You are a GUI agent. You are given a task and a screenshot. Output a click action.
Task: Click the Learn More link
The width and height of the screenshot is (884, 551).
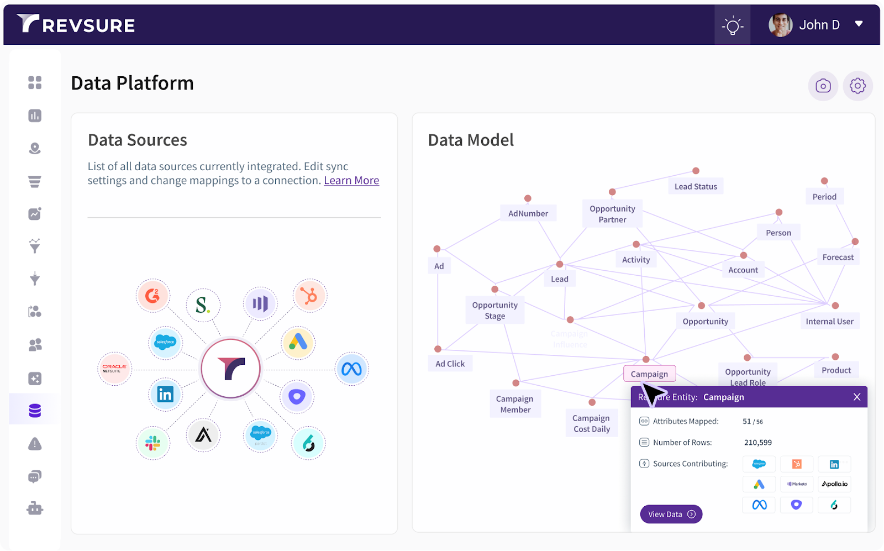pyautogui.click(x=351, y=181)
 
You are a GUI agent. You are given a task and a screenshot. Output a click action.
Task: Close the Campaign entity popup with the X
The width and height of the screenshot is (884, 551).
pyautogui.click(x=857, y=397)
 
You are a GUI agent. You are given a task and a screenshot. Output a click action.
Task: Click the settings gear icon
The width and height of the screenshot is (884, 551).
pyautogui.click(x=857, y=86)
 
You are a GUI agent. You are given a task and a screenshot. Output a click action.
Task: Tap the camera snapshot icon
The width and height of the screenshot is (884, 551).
pyautogui.click(x=823, y=86)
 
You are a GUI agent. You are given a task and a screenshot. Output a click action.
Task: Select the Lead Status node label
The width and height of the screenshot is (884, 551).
pyautogui.click(x=696, y=187)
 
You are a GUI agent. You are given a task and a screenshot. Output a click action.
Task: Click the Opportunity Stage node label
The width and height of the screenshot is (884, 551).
pyautogui.click(x=494, y=311)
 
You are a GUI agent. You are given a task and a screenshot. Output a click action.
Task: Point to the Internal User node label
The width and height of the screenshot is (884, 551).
pyautogui.click(x=829, y=322)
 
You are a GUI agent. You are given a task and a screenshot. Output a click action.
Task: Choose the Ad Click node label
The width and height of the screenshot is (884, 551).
pyautogui.click(x=450, y=364)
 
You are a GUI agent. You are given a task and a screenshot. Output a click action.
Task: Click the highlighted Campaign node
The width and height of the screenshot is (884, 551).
pyautogui.click(x=649, y=374)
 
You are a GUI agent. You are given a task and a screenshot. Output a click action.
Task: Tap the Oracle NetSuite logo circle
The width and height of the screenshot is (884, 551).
pyautogui.click(x=114, y=369)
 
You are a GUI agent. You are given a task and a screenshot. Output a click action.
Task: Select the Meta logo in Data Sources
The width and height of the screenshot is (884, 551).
pyautogui.click(x=351, y=369)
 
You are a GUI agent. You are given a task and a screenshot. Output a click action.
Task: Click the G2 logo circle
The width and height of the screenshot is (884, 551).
pyautogui.click(x=152, y=296)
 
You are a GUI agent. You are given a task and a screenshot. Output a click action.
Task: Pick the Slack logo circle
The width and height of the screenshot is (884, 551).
pyautogui.click(x=152, y=443)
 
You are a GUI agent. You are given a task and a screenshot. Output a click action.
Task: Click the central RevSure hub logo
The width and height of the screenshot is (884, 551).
pyautogui.click(x=230, y=368)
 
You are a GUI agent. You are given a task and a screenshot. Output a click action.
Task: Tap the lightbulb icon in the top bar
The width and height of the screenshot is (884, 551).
pyautogui.click(x=732, y=25)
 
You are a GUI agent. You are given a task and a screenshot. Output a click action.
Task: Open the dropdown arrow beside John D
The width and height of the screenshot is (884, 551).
pyautogui.click(x=859, y=24)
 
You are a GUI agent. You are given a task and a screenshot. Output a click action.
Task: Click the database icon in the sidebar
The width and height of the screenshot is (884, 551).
pyautogui.click(x=35, y=411)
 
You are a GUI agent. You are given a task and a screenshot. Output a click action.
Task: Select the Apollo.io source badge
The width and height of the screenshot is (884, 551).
pyautogui.click(x=834, y=484)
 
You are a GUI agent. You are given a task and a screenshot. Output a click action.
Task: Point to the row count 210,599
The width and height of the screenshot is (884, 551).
pyautogui.click(x=757, y=443)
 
